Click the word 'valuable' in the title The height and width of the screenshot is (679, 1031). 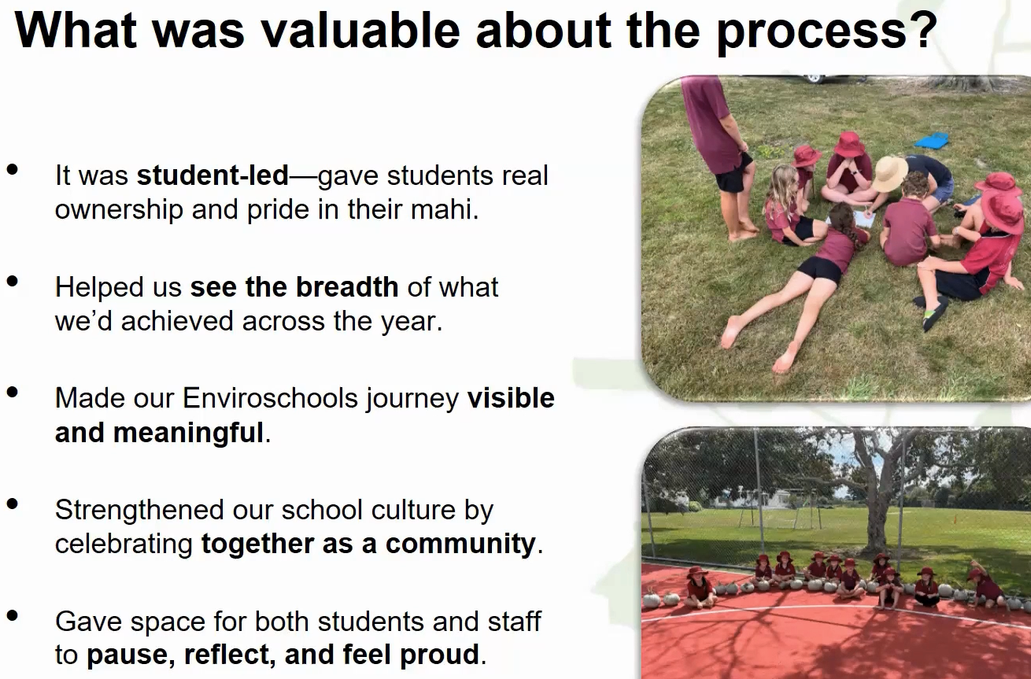360,31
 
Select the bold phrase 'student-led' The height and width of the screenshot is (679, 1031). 212,175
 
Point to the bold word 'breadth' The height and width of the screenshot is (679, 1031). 346,287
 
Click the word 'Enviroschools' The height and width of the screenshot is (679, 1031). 271,398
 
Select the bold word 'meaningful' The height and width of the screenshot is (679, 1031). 189,433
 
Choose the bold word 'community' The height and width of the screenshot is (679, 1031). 460,544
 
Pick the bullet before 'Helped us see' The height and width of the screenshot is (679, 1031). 13,281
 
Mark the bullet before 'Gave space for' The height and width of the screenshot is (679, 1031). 13,615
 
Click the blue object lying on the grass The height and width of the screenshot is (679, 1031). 932,140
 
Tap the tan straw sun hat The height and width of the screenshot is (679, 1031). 889,173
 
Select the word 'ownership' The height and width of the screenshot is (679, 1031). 119,209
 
